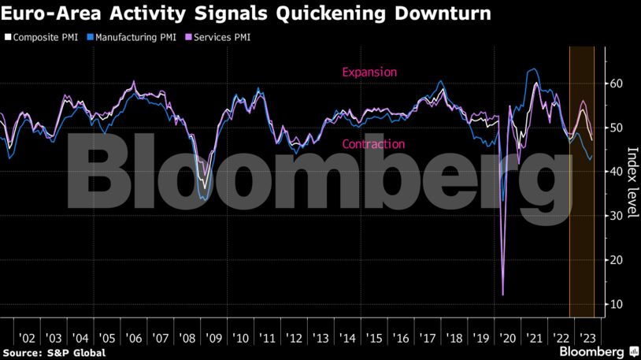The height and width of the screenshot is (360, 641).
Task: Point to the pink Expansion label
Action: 369,72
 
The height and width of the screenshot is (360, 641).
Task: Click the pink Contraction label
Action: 372,144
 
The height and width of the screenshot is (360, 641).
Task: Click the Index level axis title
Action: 632,183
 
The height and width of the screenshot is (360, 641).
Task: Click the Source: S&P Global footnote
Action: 54,353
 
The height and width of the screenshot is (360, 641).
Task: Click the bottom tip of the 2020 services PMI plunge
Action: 502,295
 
